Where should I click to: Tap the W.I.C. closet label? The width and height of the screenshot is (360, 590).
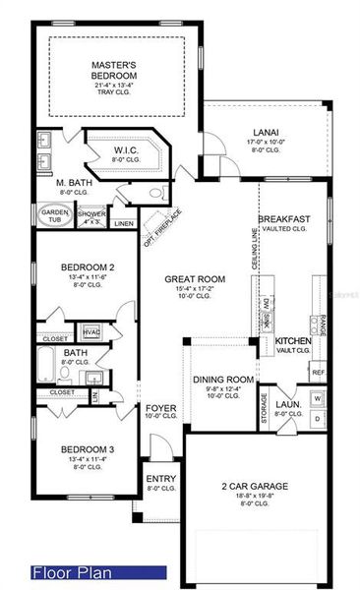(x=129, y=150)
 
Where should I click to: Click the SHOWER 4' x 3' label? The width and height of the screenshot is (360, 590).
(x=91, y=215)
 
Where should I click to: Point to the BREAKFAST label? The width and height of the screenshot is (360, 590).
(x=285, y=218)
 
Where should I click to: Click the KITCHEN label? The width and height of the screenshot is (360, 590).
(x=292, y=340)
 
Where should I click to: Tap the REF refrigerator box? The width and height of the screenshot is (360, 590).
(x=318, y=373)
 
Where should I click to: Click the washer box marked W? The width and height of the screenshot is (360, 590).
(x=316, y=398)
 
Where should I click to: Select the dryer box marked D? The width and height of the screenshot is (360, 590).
(x=316, y=420)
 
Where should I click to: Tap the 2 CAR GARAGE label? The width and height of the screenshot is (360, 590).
(x=254, y=487)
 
